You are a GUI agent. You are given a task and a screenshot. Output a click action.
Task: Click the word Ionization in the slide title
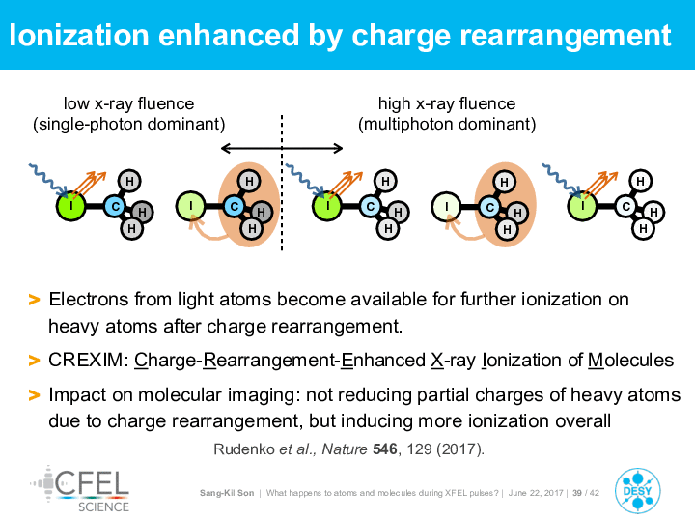click(x=79, y=35)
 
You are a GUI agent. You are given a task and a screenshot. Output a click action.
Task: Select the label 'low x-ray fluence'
click(x=129, y=103)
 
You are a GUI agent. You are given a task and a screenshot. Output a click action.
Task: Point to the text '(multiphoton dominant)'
click(x=447, y=124)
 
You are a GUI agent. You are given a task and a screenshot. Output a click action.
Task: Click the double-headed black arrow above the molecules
click(x=282, y=148)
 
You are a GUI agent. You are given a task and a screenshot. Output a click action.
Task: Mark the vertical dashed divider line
click(x=282, y=183)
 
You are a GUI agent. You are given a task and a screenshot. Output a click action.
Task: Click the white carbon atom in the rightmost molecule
click(x=626, y=206)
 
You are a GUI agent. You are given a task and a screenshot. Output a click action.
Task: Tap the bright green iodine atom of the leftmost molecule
click(x=70, y=206)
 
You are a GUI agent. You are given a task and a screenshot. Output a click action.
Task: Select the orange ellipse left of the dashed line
click(x=249, y=205)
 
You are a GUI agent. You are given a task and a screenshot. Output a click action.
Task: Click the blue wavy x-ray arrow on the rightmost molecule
click(x=562, y=180)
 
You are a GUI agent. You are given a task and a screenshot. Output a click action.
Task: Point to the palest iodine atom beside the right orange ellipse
click(x=446, y=207)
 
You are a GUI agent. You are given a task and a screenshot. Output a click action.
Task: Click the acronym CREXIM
click(x=86, y=360)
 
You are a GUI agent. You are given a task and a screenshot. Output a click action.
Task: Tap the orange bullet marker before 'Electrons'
click(x=34, y=300)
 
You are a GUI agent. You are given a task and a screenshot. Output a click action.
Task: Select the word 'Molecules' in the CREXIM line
click(x=630, y=360)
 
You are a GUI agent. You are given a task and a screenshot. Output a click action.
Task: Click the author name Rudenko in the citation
click(x=244, y=449)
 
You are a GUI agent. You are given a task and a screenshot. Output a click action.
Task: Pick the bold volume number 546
click(x=385, y=449)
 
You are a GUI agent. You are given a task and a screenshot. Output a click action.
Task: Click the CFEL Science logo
click(x=80, y=489)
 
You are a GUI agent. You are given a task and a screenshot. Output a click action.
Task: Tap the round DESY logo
click(x=638, y=491)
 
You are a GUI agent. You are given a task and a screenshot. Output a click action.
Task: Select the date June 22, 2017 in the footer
click(x=536, y=493)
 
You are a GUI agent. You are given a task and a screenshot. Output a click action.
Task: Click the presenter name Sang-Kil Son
click(x=227, y=493)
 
